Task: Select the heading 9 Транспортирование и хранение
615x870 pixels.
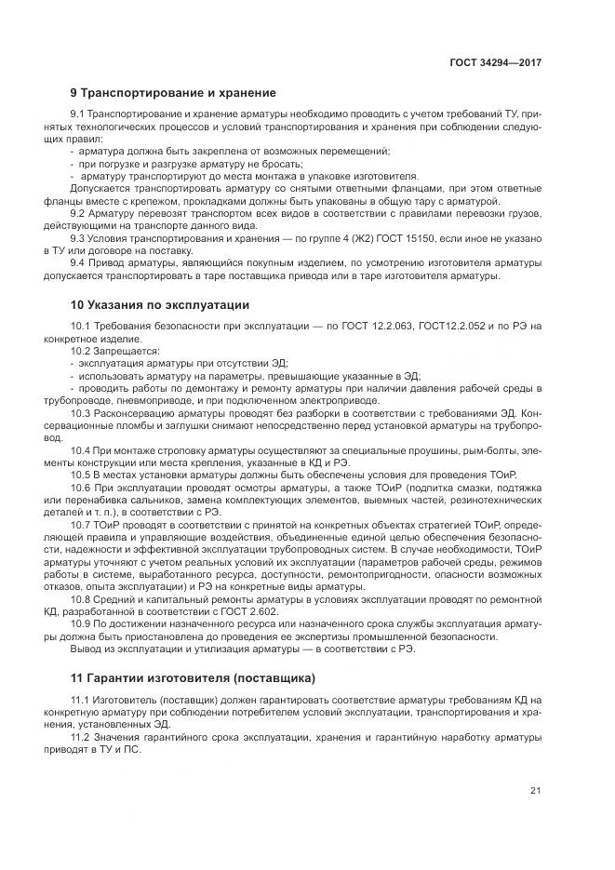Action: pos(173,93)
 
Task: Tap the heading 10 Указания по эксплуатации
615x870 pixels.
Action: pos(160,305)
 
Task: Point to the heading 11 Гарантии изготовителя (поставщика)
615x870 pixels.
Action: pos(193,676)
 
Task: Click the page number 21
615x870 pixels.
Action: pos(535,791)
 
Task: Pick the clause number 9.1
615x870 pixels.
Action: pos(77,114)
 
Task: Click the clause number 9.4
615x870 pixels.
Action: pos(77,263)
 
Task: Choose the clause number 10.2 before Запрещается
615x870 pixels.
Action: pos(81,351)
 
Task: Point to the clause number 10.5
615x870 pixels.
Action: pos(81,475)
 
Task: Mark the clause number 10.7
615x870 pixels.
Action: pos(81,524)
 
